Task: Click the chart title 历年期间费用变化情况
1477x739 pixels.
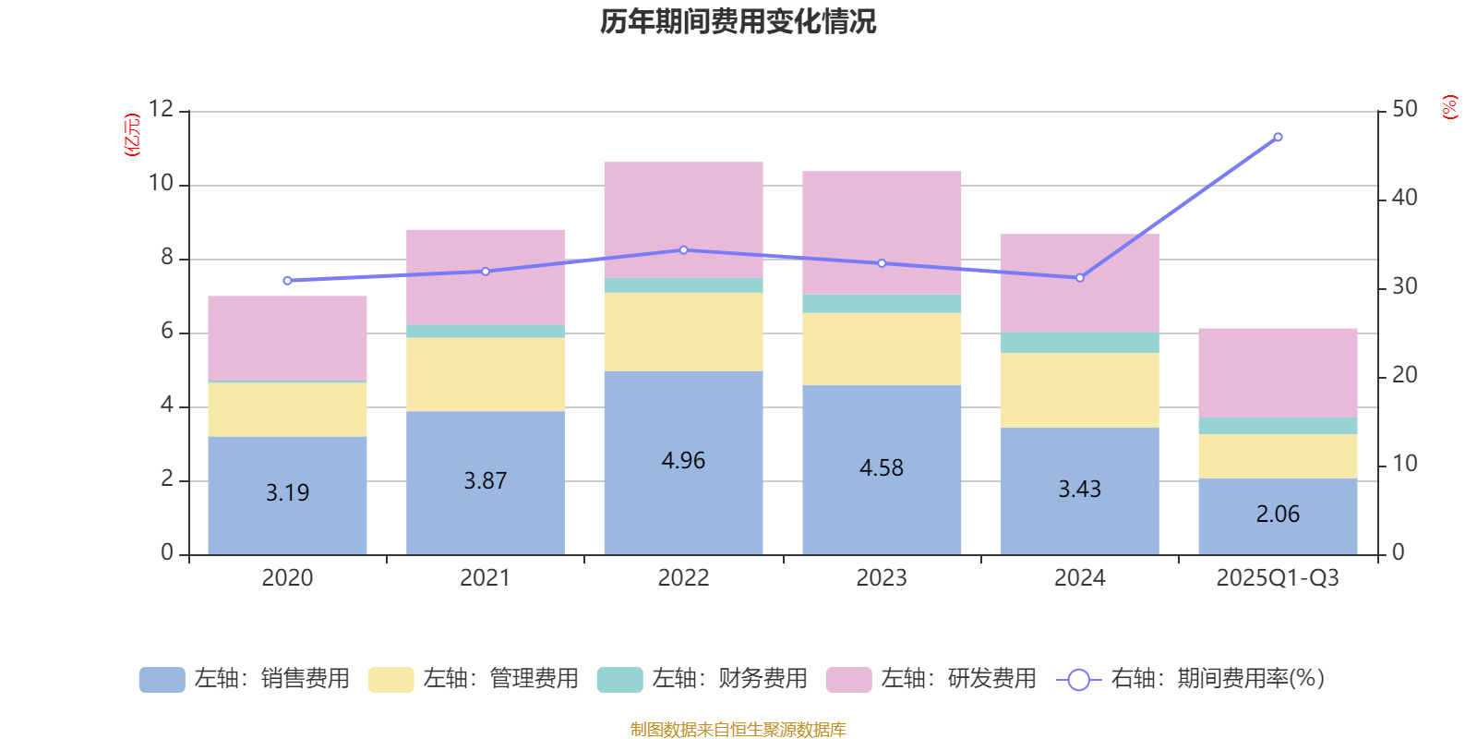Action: [738, 21]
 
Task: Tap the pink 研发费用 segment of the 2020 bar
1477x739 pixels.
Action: [287, 337]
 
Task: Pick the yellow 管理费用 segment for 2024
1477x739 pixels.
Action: [1079, 390]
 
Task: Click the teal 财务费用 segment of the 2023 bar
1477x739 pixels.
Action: [882, 304]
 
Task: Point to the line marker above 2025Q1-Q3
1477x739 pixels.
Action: [1278, 137]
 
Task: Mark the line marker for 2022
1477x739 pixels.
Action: [683, 250]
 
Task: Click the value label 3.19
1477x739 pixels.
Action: [287, 493]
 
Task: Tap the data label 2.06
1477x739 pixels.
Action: [1278, 515]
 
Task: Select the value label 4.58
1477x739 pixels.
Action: [882, 468]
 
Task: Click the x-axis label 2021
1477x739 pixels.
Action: [485, 578]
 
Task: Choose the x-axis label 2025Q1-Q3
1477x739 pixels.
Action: [1278, 578]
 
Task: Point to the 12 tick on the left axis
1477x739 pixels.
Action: [161, 110]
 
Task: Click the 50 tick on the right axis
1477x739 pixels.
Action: [1404, 110]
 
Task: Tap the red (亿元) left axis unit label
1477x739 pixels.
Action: [133, 135]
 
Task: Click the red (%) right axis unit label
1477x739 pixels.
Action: [1450, 107]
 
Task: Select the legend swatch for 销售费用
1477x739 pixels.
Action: [162, 680]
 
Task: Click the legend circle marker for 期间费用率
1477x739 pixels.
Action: [1078, 680]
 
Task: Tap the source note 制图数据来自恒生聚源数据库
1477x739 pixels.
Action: [738, 730]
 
